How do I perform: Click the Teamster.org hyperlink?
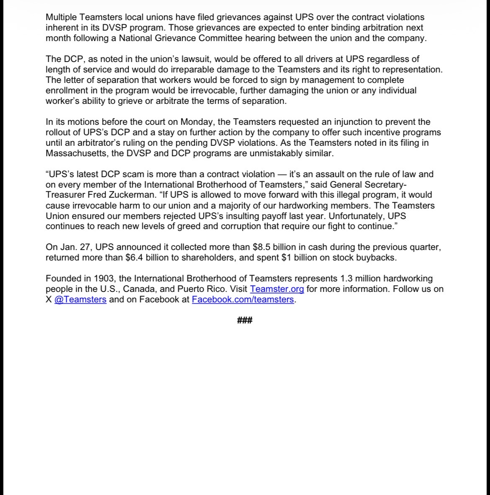[277, 289]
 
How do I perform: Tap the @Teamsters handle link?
[80, 299]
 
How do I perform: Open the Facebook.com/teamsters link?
[243, 299]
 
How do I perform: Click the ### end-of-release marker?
[245, 321]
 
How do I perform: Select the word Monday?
[197, 122]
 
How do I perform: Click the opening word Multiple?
[61, 17]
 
